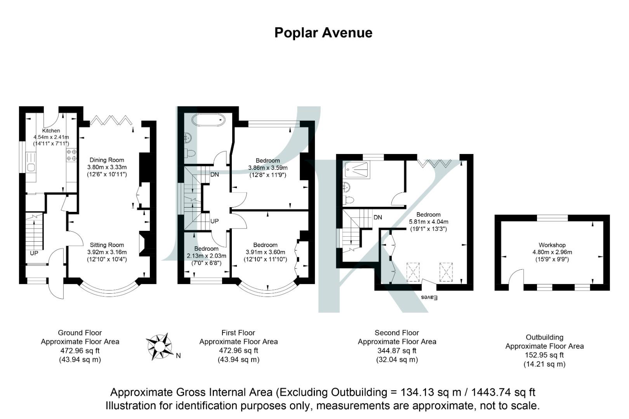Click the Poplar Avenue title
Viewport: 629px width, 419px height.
point(323,33)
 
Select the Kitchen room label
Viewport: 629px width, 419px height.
point(51,131)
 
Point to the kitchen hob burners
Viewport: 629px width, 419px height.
point(71,155)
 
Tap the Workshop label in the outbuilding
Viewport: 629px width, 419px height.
point(552,245)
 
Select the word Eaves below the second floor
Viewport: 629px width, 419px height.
point(429,298)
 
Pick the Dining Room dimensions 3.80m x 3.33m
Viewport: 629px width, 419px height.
point(107,167)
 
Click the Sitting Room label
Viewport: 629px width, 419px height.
point(107,245)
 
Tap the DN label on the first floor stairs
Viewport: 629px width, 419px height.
point(214,175)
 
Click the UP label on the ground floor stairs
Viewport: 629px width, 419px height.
point(34,253)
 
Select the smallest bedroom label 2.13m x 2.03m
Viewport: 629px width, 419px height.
point(206,256)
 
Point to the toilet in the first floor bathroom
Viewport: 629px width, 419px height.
point(190,153)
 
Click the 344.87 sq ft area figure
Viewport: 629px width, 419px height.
point(396,351)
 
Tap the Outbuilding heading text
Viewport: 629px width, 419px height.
point(544,337)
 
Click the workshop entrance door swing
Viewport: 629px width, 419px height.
point(516,277)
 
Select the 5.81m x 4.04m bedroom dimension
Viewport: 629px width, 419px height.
point(428,222)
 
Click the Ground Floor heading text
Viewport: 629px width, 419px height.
point(80,332)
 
